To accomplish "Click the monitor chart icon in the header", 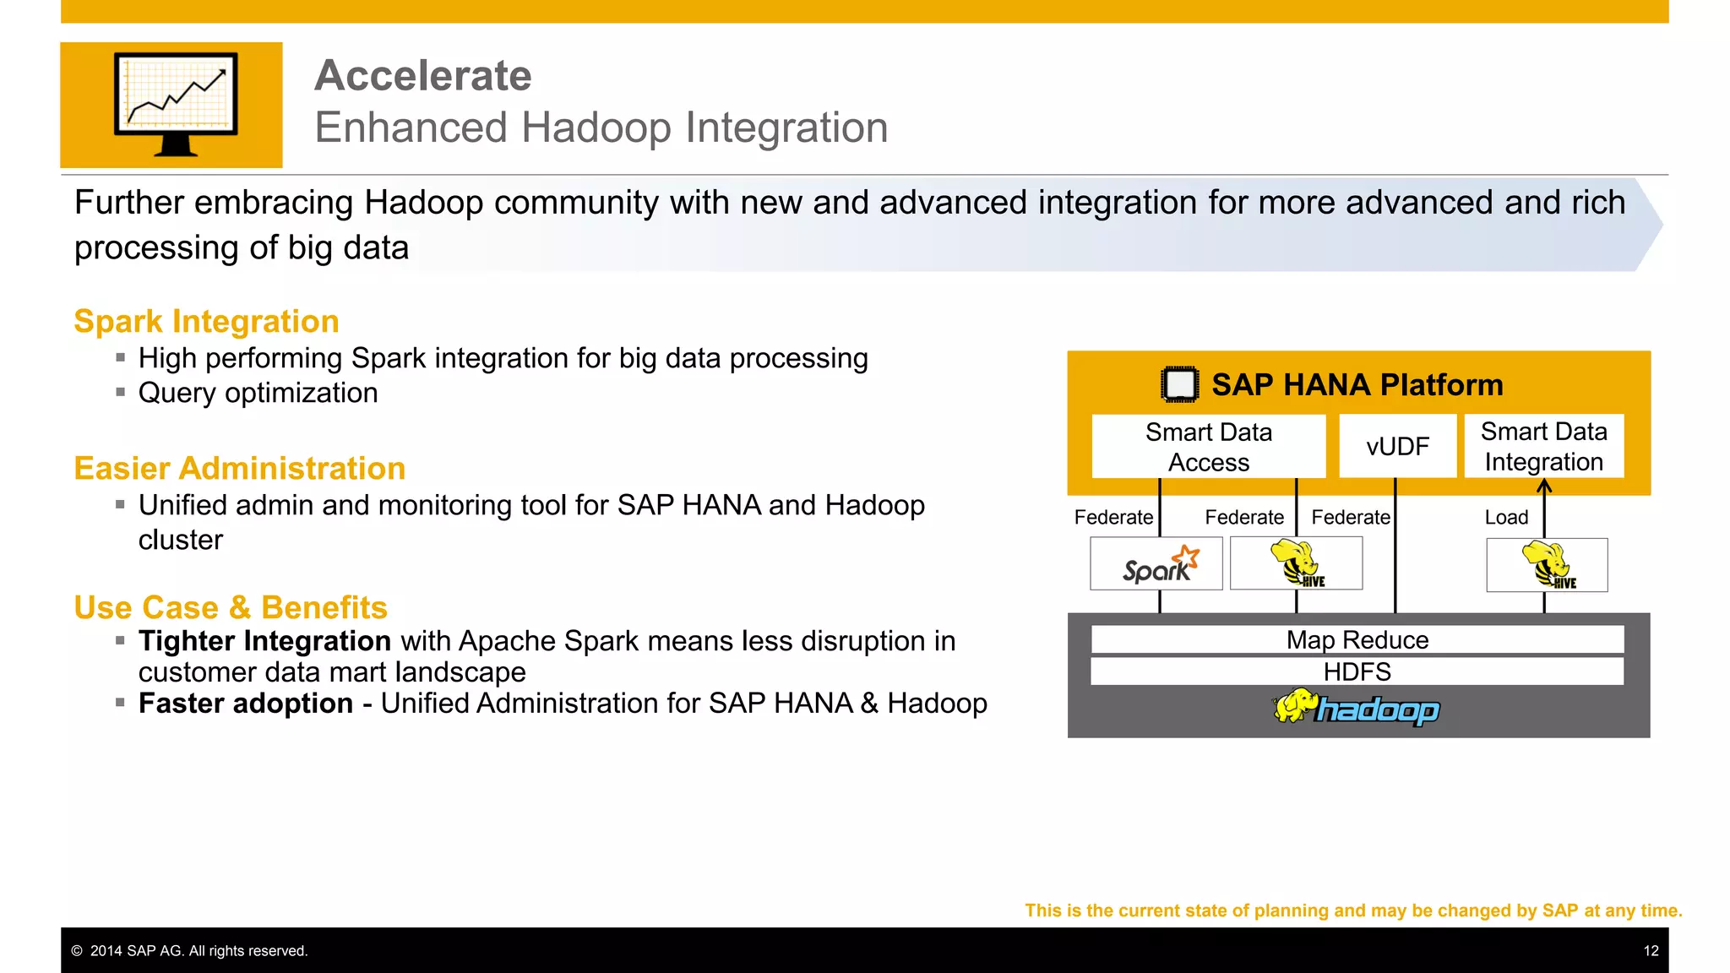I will [176, 105].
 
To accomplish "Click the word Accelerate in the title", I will [422, 76].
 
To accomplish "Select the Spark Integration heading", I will [206, 322].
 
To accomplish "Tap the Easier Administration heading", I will [239, 469].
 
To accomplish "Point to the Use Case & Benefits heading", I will [230, 608].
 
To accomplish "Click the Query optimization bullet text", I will [258, 394].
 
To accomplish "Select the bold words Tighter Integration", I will [264, 642].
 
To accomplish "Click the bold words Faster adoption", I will [245, 704].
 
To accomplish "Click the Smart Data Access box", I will [1208, 447].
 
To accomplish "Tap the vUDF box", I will [1397, 446].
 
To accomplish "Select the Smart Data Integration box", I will [1543, 446].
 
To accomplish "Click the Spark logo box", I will [1156, 564].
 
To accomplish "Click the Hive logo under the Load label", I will [1547, 565].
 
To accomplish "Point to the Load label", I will [1506, 518].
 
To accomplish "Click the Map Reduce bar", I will [1357, 640].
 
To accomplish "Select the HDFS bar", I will [1357, 672].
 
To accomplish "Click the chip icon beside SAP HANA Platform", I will [1179, 385].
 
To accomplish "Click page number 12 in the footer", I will [1651, 951].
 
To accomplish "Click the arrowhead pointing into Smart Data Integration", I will [1544, 486].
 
